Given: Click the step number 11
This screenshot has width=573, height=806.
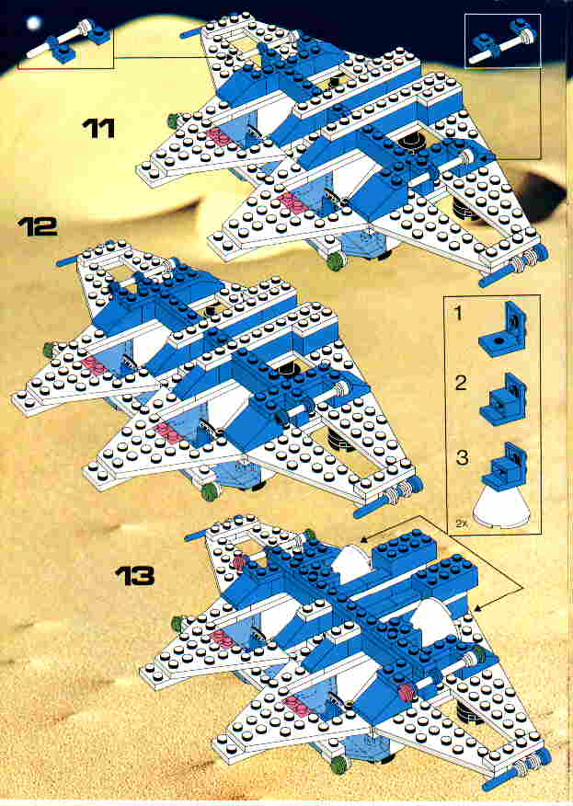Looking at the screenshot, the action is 98,128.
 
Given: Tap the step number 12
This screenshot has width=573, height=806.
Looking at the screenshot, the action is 38,226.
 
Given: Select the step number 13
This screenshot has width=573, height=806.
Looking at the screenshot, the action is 135,576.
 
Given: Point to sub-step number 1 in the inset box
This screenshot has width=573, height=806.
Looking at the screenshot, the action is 458,313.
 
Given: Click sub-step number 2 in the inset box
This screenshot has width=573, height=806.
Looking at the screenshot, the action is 461,383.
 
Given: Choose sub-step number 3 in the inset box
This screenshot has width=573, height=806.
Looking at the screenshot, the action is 462,457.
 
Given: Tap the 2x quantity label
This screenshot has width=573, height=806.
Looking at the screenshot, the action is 460,524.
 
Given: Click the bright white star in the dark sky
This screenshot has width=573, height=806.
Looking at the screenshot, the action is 34,23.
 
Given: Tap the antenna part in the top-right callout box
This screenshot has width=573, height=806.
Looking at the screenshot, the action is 502,41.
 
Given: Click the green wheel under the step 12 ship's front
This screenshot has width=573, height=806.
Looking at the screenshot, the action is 210,492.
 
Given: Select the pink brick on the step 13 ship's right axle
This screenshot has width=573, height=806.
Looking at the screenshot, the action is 406,691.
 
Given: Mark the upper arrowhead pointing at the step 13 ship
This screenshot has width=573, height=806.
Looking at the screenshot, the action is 364,539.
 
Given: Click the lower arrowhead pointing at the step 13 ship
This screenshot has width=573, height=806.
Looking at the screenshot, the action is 476,610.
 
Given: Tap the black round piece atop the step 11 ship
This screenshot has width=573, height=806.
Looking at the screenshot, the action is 411,141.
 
